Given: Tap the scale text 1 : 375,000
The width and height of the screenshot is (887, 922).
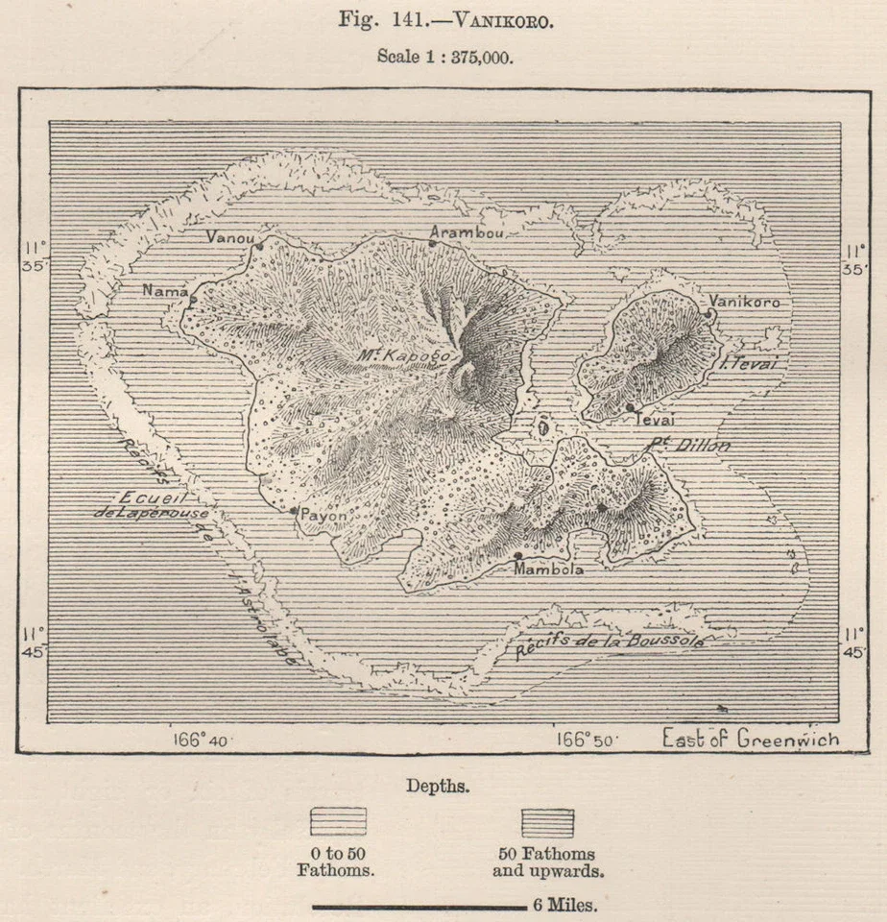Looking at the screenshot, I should pos(444,56).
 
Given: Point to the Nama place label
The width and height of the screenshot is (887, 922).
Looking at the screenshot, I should pos(159,290).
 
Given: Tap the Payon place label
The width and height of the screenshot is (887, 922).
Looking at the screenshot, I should pos(324,515).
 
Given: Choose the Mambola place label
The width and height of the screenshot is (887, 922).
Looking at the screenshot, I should pos(547,569).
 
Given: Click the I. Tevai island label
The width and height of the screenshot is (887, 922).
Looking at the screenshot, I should pos(754,362).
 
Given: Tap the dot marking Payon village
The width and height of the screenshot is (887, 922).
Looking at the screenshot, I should pos(294,510).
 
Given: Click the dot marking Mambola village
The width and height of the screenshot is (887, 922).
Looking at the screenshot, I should pos(518,555).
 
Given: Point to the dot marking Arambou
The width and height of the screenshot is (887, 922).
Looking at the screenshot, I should pos(432,244).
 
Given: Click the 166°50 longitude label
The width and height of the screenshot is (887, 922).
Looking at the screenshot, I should pos(588,739).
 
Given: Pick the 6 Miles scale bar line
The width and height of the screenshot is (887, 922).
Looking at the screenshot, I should pos(419,905).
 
